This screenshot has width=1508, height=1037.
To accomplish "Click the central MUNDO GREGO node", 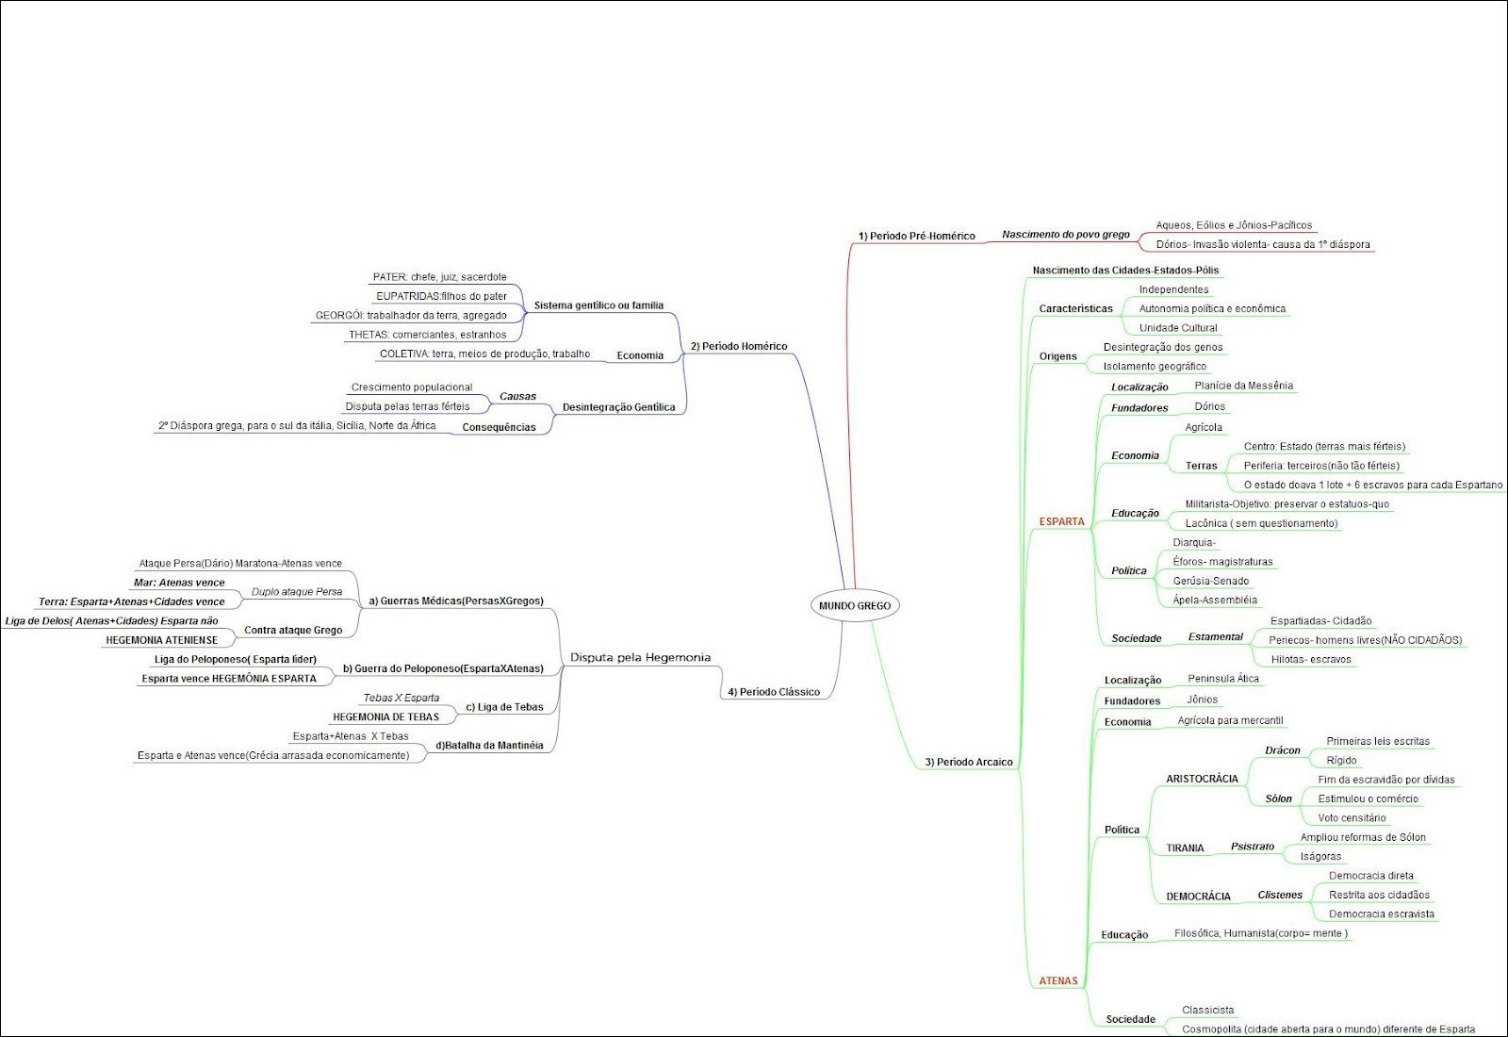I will [855, 605].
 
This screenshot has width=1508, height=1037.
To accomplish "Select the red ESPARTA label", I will [1061, 521].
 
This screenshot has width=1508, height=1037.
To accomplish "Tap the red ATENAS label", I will [1058, 980].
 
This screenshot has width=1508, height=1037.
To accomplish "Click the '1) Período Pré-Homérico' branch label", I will [916, 236].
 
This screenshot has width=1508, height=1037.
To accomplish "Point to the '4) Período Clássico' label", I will [773, 692].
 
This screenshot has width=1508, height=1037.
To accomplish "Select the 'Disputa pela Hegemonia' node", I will [641, 657].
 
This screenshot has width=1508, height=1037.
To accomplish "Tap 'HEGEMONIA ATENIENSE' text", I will [161, 640].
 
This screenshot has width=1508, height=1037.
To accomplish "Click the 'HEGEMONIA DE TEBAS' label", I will [385, 716].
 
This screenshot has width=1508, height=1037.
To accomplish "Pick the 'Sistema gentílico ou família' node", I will [598, 305].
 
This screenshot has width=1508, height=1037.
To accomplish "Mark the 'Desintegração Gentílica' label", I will [618, 407].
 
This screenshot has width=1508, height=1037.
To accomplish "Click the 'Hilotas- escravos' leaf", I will [1310, 659].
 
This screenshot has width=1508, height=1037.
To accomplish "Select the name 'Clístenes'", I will [1280, 895].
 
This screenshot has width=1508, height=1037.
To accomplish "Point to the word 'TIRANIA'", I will [1185, 848].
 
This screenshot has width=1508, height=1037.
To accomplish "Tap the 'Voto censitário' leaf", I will [1352, 817].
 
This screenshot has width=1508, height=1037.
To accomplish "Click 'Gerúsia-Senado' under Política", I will [1210, 581].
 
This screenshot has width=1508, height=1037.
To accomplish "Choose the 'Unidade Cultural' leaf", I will [1178, 328].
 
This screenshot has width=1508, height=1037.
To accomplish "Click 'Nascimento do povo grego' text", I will [1065, 234].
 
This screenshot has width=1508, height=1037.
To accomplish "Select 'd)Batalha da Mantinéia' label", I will [488, 745].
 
